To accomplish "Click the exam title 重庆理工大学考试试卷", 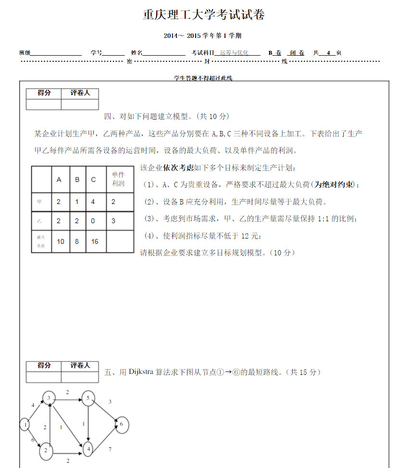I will pyautogui.click(x=204, y=15).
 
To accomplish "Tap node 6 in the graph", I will pyautogui.click(x=122, y=424).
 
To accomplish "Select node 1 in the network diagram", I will pyautogui.click(x=25, y=424).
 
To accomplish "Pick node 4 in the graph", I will pyautogui.click(x=88, y=449).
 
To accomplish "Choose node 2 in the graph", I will pyautogui.click(x=46, y=450).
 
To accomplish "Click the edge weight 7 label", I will pyautogui.click(x=110, y=449).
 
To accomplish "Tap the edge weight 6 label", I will pyautogui.click(x=33, y=440).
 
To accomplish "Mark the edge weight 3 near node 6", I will pyautogui.click(x=110, y=402).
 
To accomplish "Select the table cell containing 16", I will pyautogui.click(x=95, y=241).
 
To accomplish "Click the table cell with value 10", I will pyautogui.click(x=61, y=241).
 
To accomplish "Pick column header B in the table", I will pyautogui.click(x=77, y=180).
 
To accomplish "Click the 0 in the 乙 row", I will pyautogui.click(x=93, y=221).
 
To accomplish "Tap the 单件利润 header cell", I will pyautogui.click(x=118, y=179).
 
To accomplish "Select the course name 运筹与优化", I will pyautogui.click(x=234, y=53).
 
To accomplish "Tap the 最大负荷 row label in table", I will pyautogui.click(x=41, y=241).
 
